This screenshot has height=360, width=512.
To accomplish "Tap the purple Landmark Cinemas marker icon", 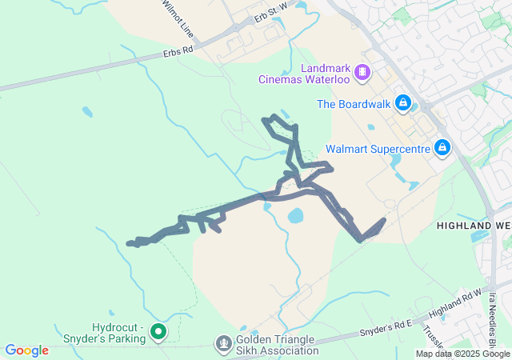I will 362,73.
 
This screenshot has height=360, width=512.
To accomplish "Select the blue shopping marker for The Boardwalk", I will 404,103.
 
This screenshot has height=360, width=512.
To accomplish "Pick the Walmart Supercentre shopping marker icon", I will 442,147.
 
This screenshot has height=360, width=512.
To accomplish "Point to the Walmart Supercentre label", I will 378,149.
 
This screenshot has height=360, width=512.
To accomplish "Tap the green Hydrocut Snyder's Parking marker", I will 158,330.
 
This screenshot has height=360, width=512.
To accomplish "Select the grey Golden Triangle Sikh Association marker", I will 224,343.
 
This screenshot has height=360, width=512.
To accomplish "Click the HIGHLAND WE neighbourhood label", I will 474,226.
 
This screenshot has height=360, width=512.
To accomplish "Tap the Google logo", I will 26,350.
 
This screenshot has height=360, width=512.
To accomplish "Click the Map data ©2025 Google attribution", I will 462,354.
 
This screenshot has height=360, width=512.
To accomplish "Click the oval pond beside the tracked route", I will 295,215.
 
